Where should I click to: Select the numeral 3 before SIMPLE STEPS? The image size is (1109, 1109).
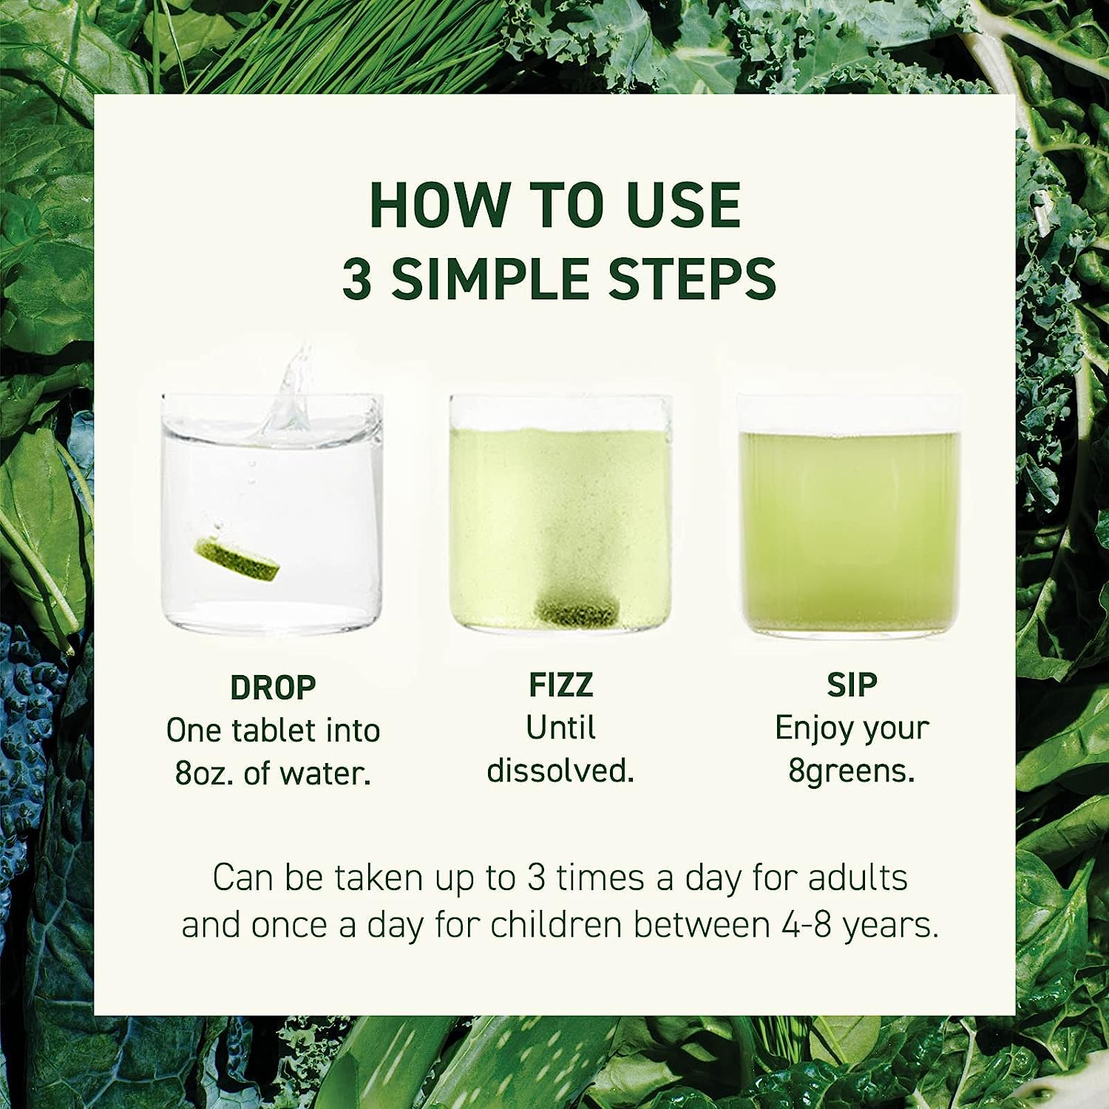[x=357, y=279]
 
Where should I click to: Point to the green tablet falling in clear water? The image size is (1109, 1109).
[x=237, y=558]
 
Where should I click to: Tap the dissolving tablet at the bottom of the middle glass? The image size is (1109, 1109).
[x=576, y=609]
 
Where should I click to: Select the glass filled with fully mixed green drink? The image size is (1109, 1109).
[x=849, y=525]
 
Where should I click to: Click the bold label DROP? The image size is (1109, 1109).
[x=273, y=688]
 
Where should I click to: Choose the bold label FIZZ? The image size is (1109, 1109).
[x=560, y=685]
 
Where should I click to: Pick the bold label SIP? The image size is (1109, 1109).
[x=852, y=685]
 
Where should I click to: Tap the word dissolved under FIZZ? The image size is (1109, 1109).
[x=560, y=771]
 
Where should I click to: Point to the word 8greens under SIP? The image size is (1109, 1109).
[x=851, y=771]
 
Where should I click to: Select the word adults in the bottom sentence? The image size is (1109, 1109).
[x=858, y=878]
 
